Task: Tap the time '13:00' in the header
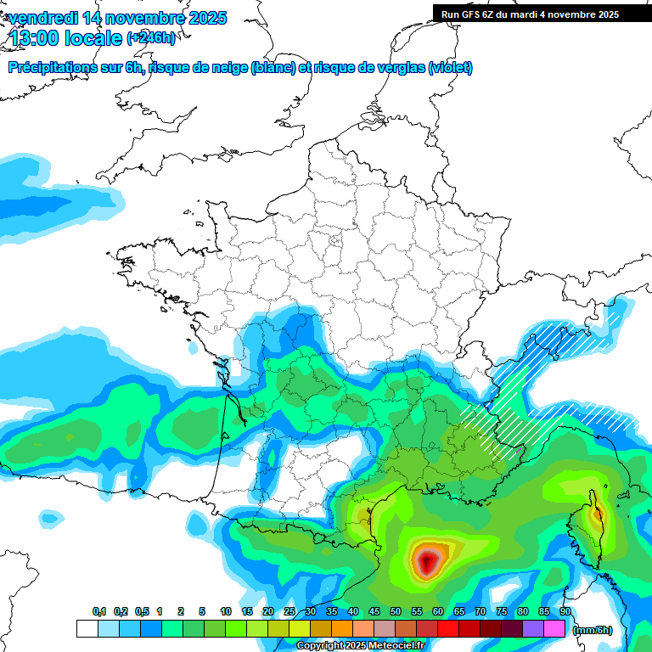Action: (35, 38)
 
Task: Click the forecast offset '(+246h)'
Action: (151, 38)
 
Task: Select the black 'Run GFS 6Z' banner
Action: (542, 14)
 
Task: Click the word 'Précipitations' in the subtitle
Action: (52, 68)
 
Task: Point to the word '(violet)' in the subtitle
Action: (451, 68)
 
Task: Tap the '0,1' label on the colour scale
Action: (99, 612)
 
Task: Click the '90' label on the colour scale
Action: (565, 612)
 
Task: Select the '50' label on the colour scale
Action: (396, 612)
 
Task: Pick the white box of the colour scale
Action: (87, 629)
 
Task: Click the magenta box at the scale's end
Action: (554, 629)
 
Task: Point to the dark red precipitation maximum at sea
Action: (427, 561)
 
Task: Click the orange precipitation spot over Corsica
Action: (598, 513)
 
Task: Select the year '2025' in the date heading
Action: (204, 18)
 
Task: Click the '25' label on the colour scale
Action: (289, 612)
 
